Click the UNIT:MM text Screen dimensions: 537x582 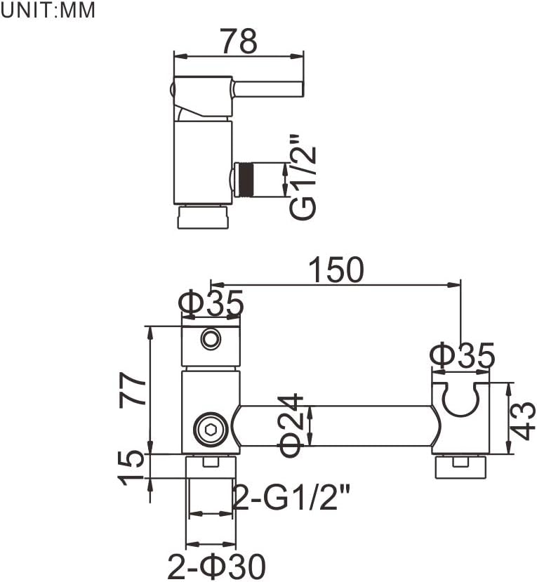coord(48,10)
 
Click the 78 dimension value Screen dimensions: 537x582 coord(239,41)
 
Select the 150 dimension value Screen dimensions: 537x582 coord(336,270)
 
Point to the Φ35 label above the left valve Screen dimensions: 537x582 coord(211,304)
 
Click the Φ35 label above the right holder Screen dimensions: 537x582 coord(463,356)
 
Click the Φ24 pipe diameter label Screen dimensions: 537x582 coord(291,425)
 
